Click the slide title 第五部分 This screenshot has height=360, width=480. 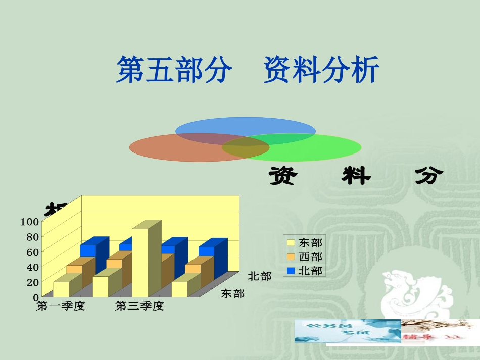coord(174,70)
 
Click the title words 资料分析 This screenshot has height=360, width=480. coord(321,70)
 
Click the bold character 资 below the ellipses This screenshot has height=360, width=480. coord(282,176)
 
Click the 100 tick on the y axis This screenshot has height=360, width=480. coord(29,221)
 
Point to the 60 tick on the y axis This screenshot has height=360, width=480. coord(32,251)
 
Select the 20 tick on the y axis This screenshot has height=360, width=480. coord(32,282)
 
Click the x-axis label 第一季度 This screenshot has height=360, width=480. coord(61,306)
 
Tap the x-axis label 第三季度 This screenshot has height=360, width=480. coord(139,306)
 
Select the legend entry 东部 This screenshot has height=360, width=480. coord(310,243)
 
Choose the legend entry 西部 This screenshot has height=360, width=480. coord(310,257)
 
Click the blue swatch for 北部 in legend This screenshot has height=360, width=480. coord(291,271)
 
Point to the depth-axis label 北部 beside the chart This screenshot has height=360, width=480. coord(260,276)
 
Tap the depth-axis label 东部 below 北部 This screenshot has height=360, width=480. coord(232,294)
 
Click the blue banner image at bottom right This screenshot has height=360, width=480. coord(348,331)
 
